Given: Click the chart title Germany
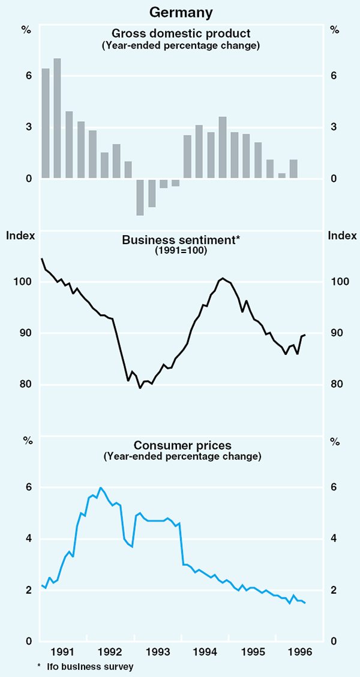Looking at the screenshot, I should pyautogui.click(x=180, y=11).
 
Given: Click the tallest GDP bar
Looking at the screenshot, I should pyautogui.click(x=57, y=118).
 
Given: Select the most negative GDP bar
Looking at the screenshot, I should pyautogui.click(x=140, y=197).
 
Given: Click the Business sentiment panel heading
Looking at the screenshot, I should pyautogui.click(x=181, y=240).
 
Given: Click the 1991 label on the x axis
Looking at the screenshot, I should pyautogui.click(x=63, y=652).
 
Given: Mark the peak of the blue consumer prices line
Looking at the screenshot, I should pyautogui.click(x=100, y=488).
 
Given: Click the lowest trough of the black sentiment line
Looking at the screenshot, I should pyautogui.click(x=140, y=388).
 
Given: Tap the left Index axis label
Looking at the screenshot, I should pyautogui.click(x=20, y=235).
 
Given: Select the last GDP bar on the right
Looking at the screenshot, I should pyautogui.click(x=293, y=169).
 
